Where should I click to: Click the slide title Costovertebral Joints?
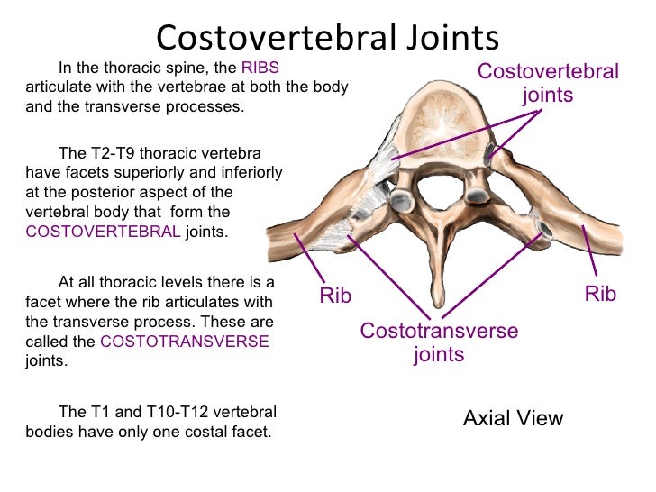point(327,37)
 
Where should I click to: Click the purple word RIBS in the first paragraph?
point(260,68)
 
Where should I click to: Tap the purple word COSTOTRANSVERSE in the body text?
point(184,342)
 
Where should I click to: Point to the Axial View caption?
point(513,418)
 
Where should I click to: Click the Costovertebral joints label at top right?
point(548,83)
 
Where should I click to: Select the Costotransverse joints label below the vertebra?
point(439,342)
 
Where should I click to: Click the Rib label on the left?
point(335,296)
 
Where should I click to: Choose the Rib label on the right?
point(600,295)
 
